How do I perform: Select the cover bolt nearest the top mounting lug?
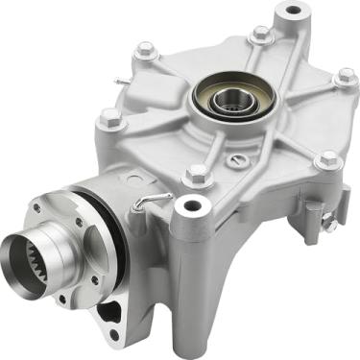click(261, 35)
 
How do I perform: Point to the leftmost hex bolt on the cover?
click(110, 118)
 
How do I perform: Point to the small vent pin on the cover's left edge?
click(117, 81)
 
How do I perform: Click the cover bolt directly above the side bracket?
click(327, 159)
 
